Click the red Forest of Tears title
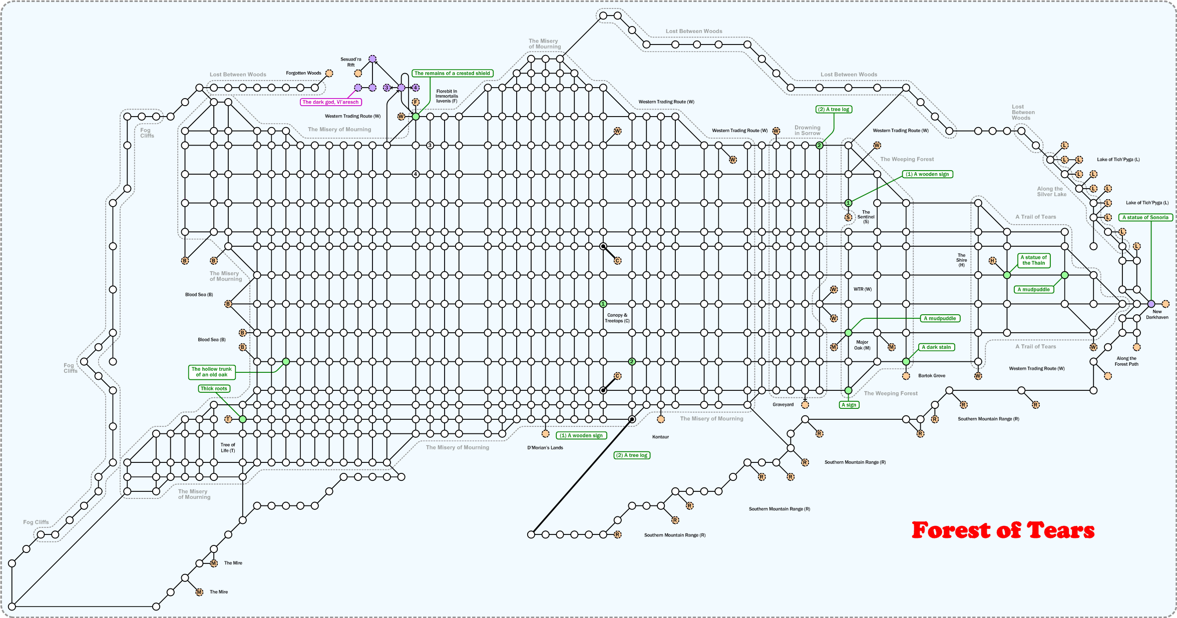tap(1003, 530)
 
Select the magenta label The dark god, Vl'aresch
tap(330, 102)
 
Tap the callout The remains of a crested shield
tap(452, 74)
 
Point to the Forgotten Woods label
tap(303, 73)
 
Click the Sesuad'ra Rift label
tap(350, 62)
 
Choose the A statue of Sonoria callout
tap(1145, 218)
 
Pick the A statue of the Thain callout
tap(1033, 260)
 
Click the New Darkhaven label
tap(1157, 314)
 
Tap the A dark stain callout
tap(936, 347)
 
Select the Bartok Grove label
tap(932, 376)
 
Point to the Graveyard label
tap(783, 405)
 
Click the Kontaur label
tap(660, 437)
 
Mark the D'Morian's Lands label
tap(545, 448)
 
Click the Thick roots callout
tap(214, 389)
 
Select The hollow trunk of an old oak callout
tap(212, 372)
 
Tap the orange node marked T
tap(228, 419)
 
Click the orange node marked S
tap(848, 218)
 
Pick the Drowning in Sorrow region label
tap(808, 131)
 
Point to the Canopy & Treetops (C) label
tap(617, 318)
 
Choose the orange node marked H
tap(992, 261)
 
